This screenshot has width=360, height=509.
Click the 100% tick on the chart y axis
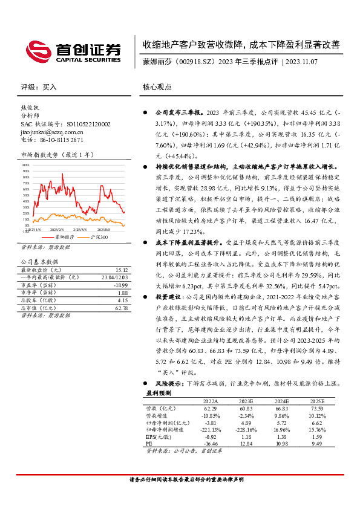(x=26, y=164)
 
